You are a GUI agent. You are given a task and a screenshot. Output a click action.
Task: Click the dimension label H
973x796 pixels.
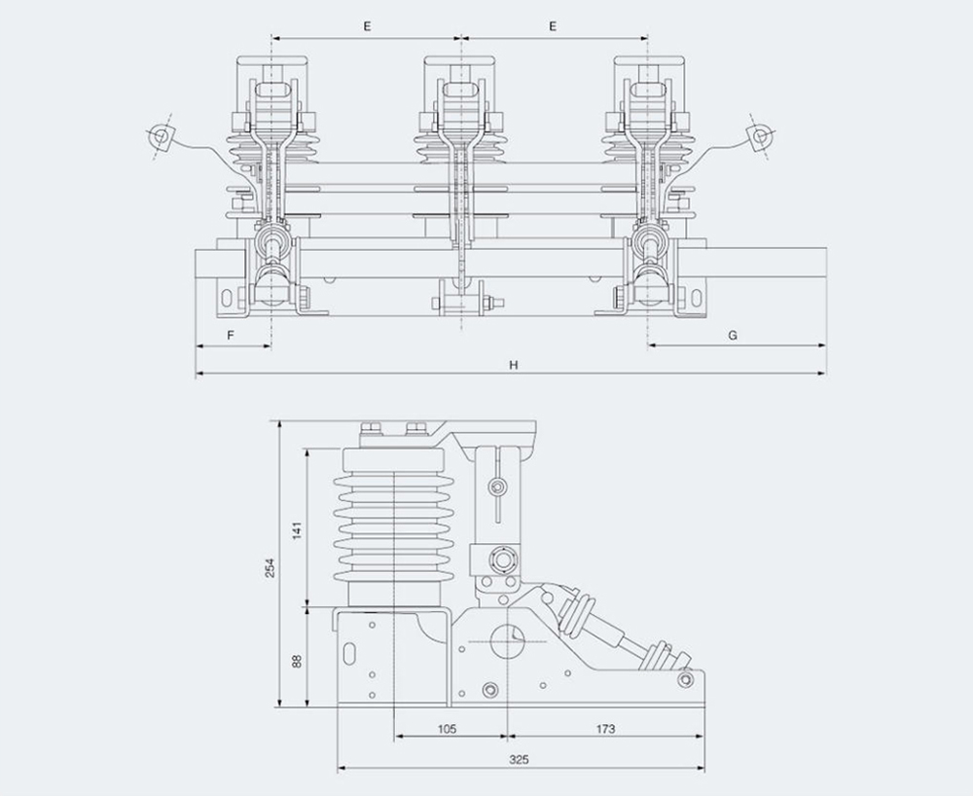coord(512,365)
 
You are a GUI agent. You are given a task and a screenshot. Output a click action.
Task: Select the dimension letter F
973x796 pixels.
coord(231,335)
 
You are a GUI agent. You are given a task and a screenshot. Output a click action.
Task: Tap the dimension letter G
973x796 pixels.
coord(733,335)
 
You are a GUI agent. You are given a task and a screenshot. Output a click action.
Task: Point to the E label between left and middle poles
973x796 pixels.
coord(367,27)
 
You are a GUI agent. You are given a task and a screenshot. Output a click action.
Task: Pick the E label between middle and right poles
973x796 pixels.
coord(553,27)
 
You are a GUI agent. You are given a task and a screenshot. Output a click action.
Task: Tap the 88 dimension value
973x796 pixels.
coord(298,661)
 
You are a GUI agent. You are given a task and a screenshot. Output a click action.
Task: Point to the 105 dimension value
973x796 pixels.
coord(448,729)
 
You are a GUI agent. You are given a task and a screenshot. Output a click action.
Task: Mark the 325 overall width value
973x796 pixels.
coord(519,759)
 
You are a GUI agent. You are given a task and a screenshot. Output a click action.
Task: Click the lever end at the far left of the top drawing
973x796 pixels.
coord(162,139)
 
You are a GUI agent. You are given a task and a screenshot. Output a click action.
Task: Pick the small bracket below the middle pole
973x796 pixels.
coord(460,298)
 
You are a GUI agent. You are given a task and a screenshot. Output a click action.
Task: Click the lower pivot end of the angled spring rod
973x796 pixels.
coord(684,677)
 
